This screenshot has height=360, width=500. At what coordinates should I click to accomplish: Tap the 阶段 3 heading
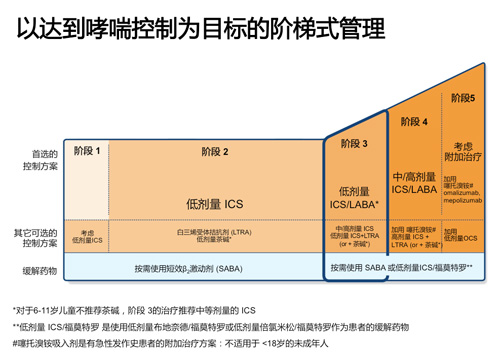(354, 144)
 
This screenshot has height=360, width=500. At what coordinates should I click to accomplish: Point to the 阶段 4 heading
(411, 122)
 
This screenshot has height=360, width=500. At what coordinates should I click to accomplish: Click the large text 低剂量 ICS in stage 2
(214, 203)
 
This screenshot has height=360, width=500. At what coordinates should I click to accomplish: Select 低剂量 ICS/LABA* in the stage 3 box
(354, 197)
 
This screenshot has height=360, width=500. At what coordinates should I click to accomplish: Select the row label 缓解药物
(43, 271)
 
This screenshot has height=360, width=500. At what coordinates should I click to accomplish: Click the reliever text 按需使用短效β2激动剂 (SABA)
(195, 270)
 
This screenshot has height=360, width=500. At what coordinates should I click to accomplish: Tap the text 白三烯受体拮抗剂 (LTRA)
(214, 232)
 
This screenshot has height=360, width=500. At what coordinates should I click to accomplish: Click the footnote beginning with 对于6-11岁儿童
(135, 308)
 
